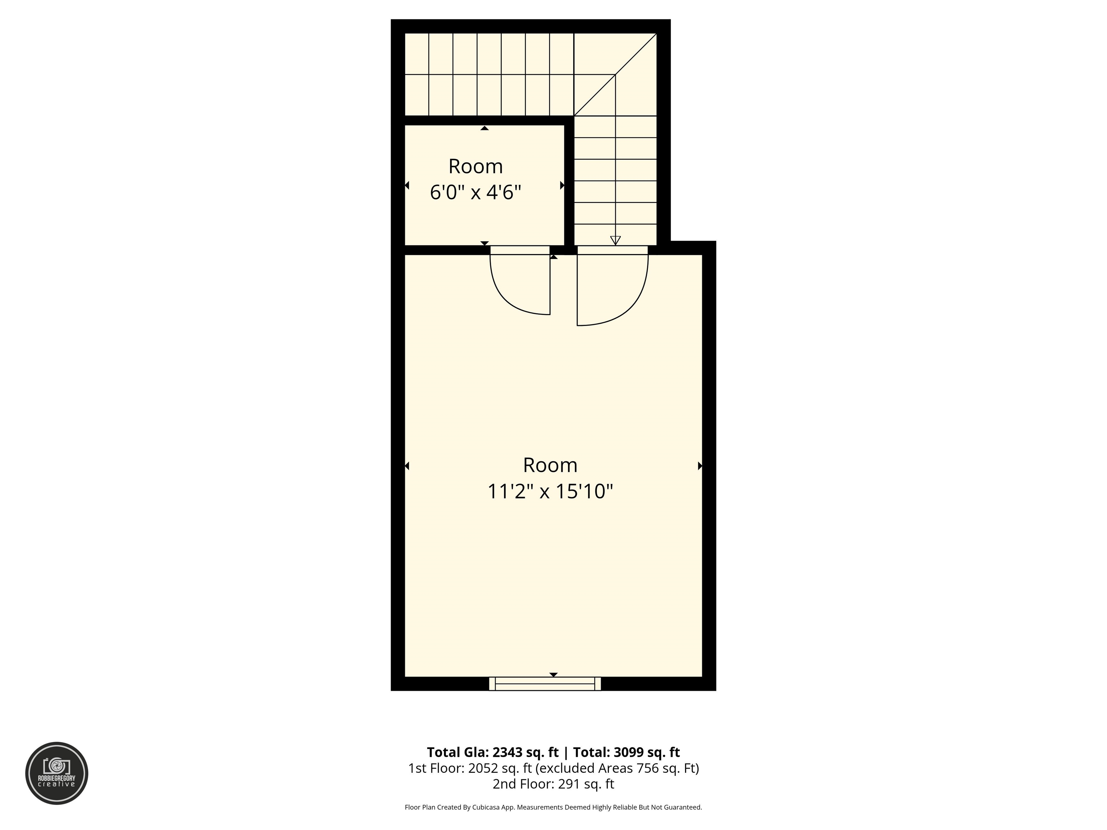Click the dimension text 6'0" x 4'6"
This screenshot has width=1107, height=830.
pyautogui.click(x=475, y=192)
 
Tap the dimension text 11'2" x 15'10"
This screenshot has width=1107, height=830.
pyautogui.click(x=550, y=491)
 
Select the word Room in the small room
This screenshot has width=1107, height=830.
pyautogui.click(x=475, y=166)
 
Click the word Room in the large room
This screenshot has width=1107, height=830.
pyautogui.click(x=550, y=465)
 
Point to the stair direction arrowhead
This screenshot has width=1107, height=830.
pyautogui.click(x=615, y=241)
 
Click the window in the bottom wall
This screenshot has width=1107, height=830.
pyautogui.click(x=545, y=684)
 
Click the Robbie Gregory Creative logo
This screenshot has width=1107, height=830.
pyautogui.click(x=57, y=773)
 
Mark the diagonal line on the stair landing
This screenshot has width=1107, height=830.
pyautogui.click(x=615, y=75)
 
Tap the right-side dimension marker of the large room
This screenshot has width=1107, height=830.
pyautogui.click(x=700, y=466)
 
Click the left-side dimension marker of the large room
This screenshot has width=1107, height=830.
pyautogui.click(x=407, y=466)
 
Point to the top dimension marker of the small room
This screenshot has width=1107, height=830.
pyautogui.click(x=484, y=128)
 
